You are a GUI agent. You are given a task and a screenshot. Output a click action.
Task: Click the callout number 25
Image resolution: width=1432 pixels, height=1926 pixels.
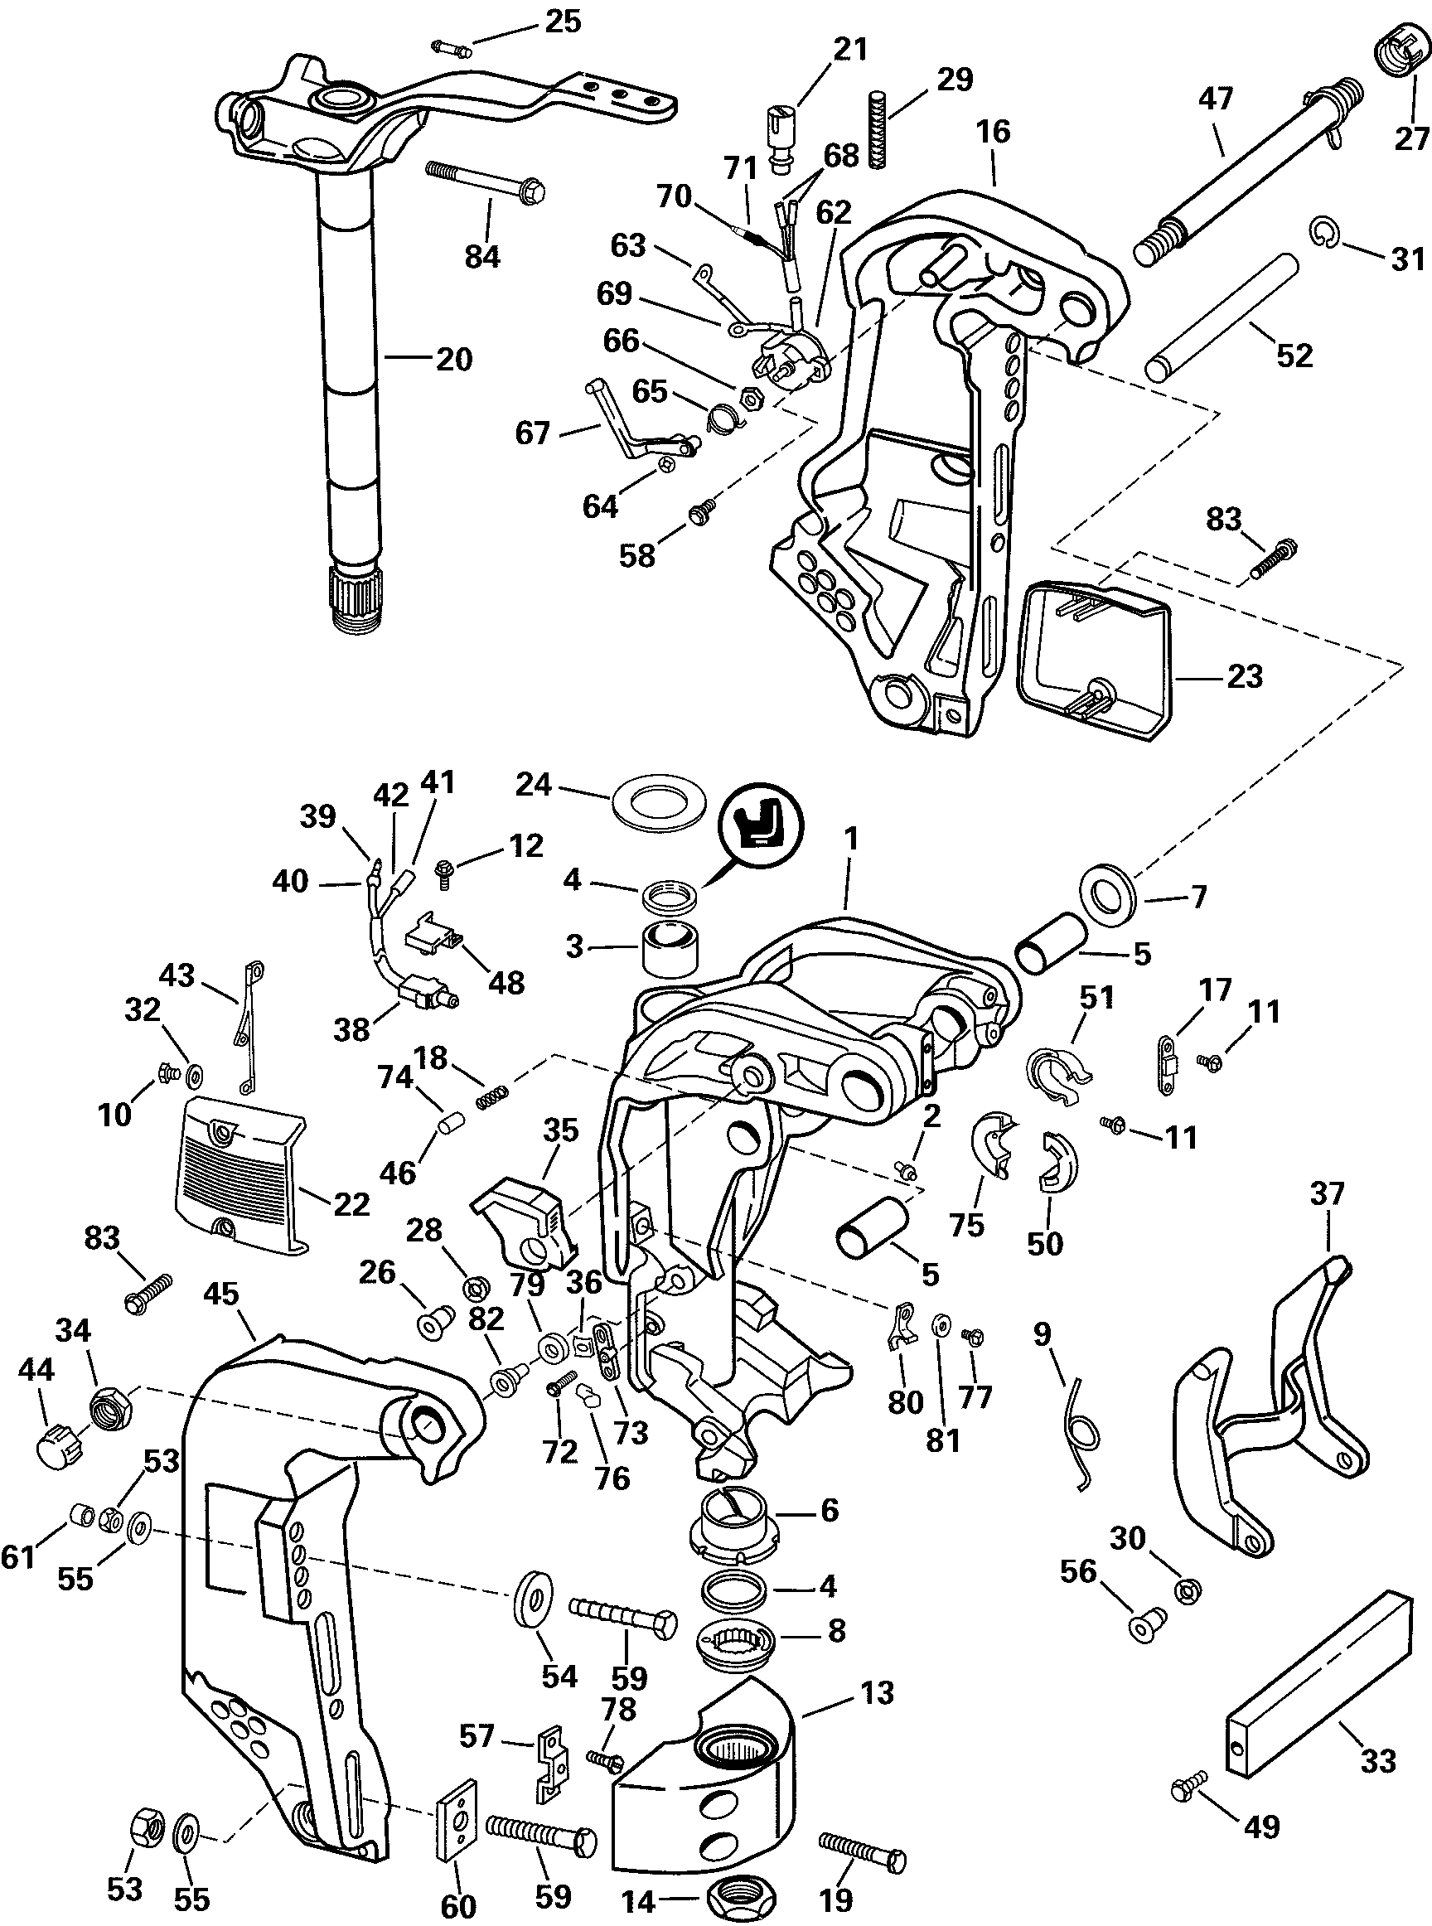pos(563,21)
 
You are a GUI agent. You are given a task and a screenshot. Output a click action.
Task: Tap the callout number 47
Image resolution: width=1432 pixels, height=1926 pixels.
pos(1215,98)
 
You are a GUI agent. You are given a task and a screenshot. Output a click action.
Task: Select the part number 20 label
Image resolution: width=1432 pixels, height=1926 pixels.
pos(454,359)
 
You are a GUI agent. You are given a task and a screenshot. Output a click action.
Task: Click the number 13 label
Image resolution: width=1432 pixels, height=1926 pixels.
pos(878,1693)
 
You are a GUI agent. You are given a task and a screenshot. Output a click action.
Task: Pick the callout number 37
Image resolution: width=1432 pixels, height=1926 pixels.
pos(1327,1194)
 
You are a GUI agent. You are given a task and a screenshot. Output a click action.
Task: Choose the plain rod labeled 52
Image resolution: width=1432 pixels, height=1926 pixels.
pos(1222,316)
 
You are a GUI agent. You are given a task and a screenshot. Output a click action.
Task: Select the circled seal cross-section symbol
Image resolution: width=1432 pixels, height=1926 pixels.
pos(762,824)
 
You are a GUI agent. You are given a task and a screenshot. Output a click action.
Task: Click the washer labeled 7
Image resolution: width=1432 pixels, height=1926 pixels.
pos(1110,894)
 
